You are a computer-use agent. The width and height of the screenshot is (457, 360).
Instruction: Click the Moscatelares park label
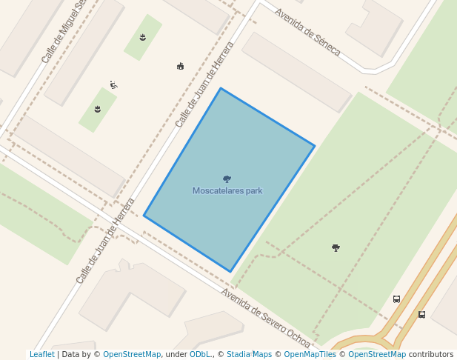[227, 191]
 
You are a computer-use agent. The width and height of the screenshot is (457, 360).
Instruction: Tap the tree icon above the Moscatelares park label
[227, 179]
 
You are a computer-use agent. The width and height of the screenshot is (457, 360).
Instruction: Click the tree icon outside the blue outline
[336, 247]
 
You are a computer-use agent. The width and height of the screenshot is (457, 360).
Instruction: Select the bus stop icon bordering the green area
[396, 299]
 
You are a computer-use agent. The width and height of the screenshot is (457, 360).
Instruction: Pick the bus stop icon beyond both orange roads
[421, 314]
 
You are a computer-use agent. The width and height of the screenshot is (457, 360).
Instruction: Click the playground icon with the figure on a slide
[113, 84]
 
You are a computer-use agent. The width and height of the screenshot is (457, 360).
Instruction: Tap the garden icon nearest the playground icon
[97, 110]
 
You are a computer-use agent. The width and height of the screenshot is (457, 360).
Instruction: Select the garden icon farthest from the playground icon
[142, 37]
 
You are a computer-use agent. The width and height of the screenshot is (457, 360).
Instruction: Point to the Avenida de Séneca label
[307, 32]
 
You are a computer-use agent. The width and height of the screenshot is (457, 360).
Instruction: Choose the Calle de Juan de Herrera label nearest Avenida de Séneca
[204, 84]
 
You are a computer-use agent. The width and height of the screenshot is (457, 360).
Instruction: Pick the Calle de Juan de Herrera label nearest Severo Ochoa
[105, 241]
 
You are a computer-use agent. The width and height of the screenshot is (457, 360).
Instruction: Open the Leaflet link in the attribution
[42, 354]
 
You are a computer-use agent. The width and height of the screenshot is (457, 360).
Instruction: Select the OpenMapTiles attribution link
[310, 354]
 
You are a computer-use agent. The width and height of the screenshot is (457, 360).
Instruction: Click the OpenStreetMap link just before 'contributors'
[377, 354]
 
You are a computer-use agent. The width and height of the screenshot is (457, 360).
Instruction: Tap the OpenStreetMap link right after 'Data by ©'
[132, 354]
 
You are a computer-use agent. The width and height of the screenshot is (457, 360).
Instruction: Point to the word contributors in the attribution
[431, 354]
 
